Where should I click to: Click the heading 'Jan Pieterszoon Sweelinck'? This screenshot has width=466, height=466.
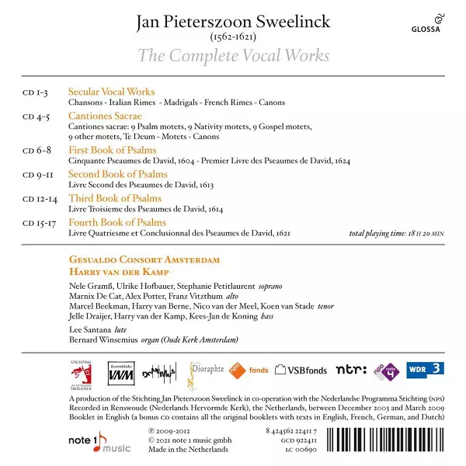coord(233,21)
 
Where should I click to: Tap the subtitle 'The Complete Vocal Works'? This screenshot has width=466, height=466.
coord(233,56)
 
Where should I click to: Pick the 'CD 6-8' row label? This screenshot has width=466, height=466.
coord(36,150)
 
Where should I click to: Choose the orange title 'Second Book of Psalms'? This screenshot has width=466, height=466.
coord(117,174)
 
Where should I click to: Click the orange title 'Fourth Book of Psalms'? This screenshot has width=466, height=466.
coord(116,223)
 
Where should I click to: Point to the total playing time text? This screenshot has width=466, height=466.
coord(396,233)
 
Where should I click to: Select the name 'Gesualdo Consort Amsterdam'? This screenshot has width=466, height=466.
coord(144,259)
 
